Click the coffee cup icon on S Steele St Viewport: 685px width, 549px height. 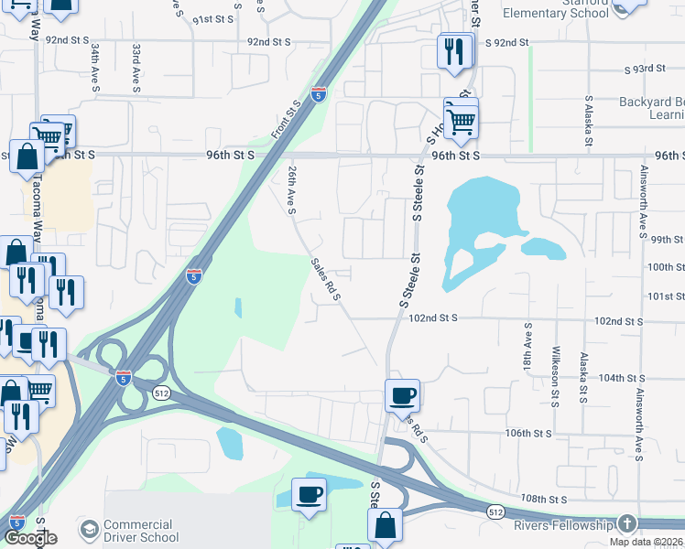pyautogui.click(x=402, y=396)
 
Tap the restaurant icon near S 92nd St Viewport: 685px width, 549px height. pyautogui.click(x=453, y=51)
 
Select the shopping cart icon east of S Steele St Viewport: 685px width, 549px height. pyautogui.click(x=462, y=119)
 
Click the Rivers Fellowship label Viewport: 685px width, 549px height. pyautogui.click(x=562, y=525)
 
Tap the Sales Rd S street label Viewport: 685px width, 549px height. pyautogui.click(x=325, y=280)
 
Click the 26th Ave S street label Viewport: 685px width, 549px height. pyautogui.click(x=292, y=190)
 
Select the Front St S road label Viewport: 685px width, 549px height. pyautogui.click(x=287, y=121)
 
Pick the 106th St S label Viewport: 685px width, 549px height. pyautogui.click(x=528, y=433)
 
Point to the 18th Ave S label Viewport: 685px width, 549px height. pyautogui.click(x=528, y=347)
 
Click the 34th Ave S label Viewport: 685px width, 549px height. pyautogui.click(x=94, y=70)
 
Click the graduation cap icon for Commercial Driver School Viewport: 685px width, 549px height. pyautogui.click(x=89, y=530)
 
